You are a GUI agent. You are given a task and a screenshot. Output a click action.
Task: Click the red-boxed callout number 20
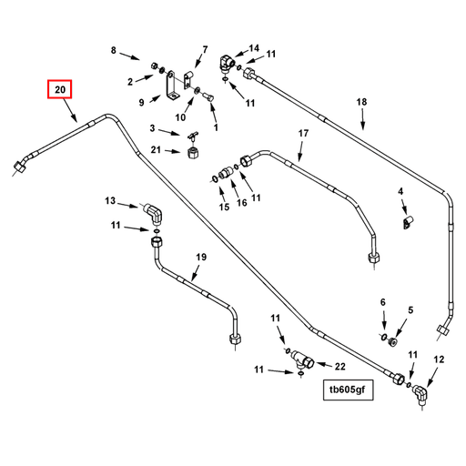point(60,89)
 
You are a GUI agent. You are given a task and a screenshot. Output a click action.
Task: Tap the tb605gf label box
point(348,390)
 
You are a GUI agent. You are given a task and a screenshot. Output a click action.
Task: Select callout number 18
point(361,102)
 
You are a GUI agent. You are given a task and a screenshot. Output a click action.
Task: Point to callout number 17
point(303,133)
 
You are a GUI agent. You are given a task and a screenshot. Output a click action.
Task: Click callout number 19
point(201,258)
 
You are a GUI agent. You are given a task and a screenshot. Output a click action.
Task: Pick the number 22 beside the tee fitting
point(340,367)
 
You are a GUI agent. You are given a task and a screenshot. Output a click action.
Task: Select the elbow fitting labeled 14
point(227,63)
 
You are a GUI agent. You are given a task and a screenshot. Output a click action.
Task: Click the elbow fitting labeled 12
point(420,393)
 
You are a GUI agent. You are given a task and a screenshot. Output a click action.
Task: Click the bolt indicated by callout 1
point(208,97)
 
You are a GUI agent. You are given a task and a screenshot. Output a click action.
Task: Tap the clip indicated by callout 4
point(407,222)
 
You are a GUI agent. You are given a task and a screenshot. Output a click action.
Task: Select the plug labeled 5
point(393,342)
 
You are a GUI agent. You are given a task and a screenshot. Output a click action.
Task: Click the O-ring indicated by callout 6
point(383,337)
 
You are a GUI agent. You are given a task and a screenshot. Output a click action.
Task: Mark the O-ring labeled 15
point(215,179)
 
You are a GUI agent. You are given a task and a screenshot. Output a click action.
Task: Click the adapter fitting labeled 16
point(226,173)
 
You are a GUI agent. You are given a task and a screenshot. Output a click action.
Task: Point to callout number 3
point(152,128)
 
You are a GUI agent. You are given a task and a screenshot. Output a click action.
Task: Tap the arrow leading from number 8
point(130,56)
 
